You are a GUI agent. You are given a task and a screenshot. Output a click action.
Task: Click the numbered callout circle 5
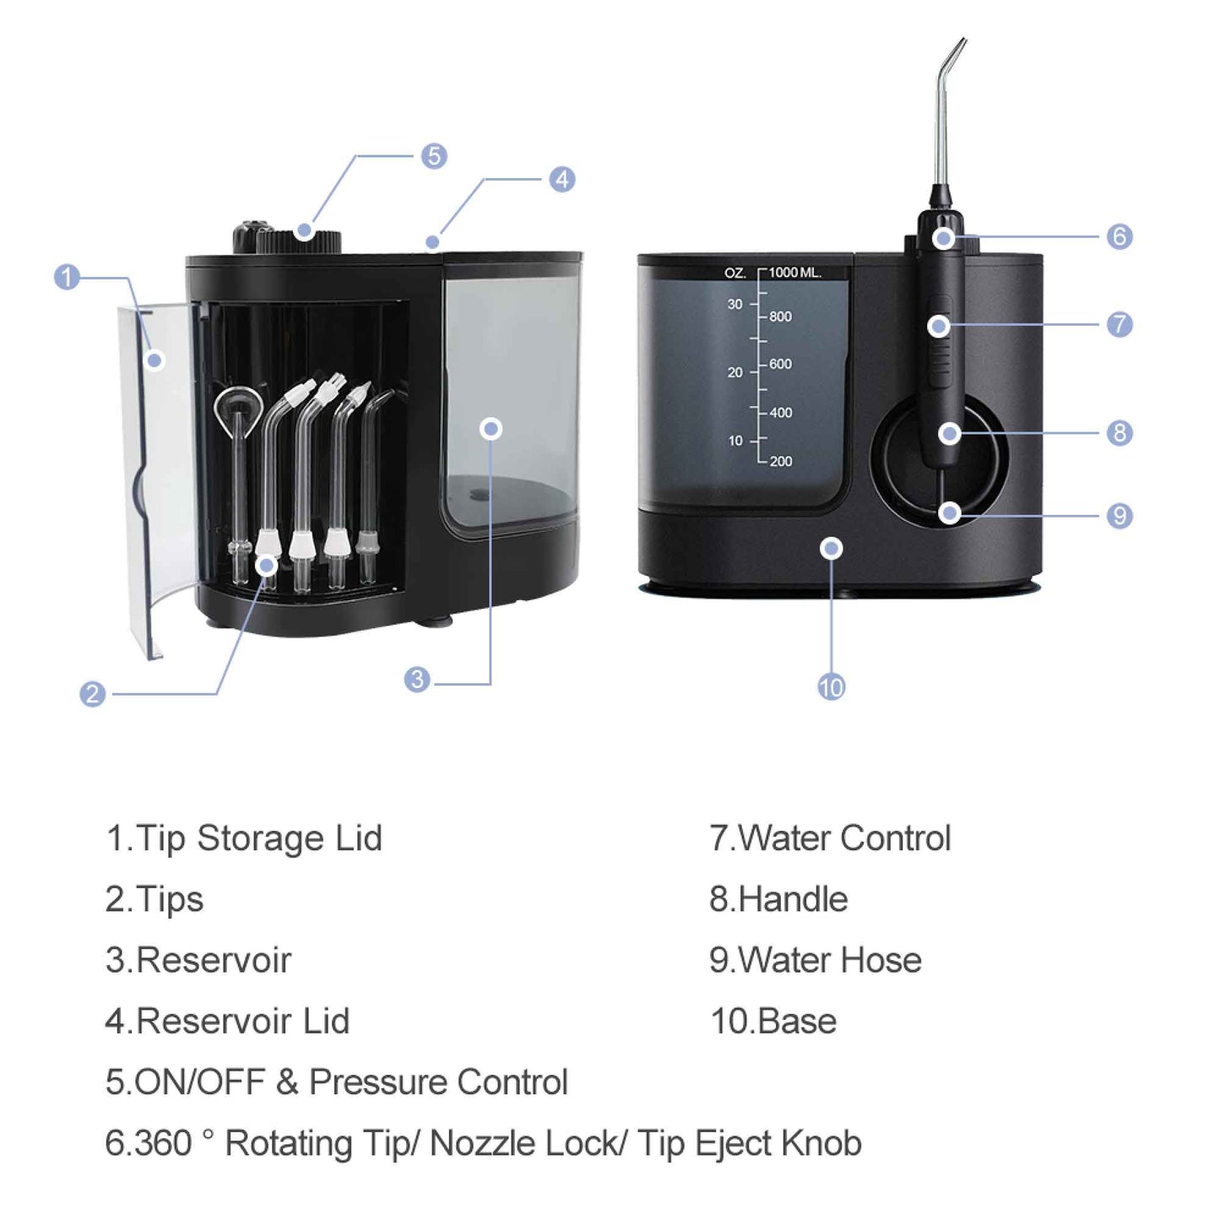coord(434,156)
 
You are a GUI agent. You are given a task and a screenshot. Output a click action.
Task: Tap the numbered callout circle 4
coord(561,179)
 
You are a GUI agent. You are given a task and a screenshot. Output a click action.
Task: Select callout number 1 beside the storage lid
coord(67,277)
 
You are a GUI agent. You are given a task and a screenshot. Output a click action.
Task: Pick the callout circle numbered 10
coord(831,686)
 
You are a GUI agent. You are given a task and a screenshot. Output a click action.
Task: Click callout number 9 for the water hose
coord(1119,515)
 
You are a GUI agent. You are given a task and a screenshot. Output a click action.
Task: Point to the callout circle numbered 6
coord(1119,236)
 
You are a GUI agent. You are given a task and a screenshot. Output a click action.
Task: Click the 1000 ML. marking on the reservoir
coord(794,273)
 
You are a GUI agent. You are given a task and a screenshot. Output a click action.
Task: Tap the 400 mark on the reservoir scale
coord(780,413)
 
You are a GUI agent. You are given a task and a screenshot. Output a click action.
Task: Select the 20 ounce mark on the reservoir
coord(735,372)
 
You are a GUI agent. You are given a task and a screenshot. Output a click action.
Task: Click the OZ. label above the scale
coord(735,273)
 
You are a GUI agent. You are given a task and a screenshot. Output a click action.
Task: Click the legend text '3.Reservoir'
coord(198,960)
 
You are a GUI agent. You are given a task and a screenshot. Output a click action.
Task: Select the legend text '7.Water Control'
coord(830,838)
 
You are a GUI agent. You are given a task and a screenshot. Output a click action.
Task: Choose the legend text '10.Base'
coord(773,1021)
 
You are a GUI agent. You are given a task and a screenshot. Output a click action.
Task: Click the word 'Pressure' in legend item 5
coord(377,1082)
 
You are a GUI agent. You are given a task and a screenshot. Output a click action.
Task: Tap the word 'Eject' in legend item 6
coord(733,1144)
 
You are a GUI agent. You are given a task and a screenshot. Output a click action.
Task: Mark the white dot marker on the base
coord(832,549)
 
